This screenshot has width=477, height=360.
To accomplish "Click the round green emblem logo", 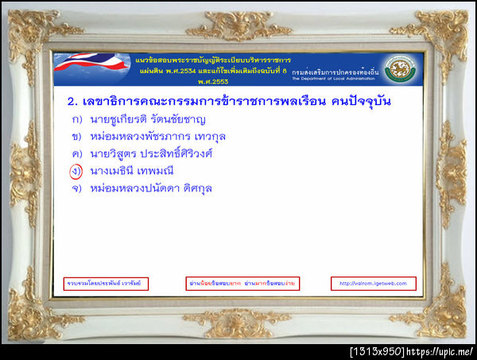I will click(400, 69).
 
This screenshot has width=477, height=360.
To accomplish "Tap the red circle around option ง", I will click(76, 170).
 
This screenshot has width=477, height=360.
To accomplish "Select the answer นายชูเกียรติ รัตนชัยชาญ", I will click(148, 120).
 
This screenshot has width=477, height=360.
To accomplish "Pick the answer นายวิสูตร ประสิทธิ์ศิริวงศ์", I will click(151, 153).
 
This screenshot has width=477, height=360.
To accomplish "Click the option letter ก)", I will click(77, 120).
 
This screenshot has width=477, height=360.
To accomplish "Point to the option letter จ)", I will click(77, 188).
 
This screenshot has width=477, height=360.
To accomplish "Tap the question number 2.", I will click(69, 102).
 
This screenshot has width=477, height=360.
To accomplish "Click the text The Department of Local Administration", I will click(335, 79).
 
